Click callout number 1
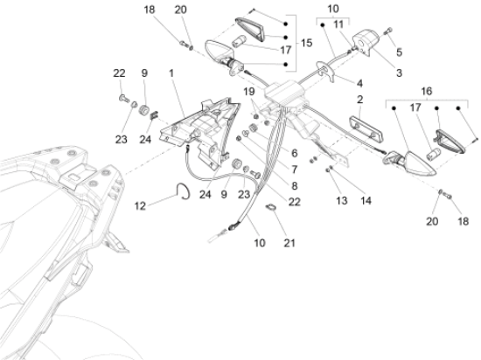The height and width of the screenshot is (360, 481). (x=171, y=73)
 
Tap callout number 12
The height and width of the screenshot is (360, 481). (x=140, y=206)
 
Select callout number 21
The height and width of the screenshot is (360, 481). (x=289, y=243)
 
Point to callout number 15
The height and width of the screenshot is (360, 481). (x=306, y=43)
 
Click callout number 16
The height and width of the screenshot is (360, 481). (x=427, y=91)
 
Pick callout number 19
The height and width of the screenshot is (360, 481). (x=249, y=91)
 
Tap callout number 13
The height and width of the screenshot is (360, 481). (x=341, y=201)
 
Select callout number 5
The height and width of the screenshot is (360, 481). (x=399, y=52)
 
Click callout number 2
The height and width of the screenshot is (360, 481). (x=359, y=100)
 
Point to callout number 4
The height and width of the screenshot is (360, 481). (x=359, y=83)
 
